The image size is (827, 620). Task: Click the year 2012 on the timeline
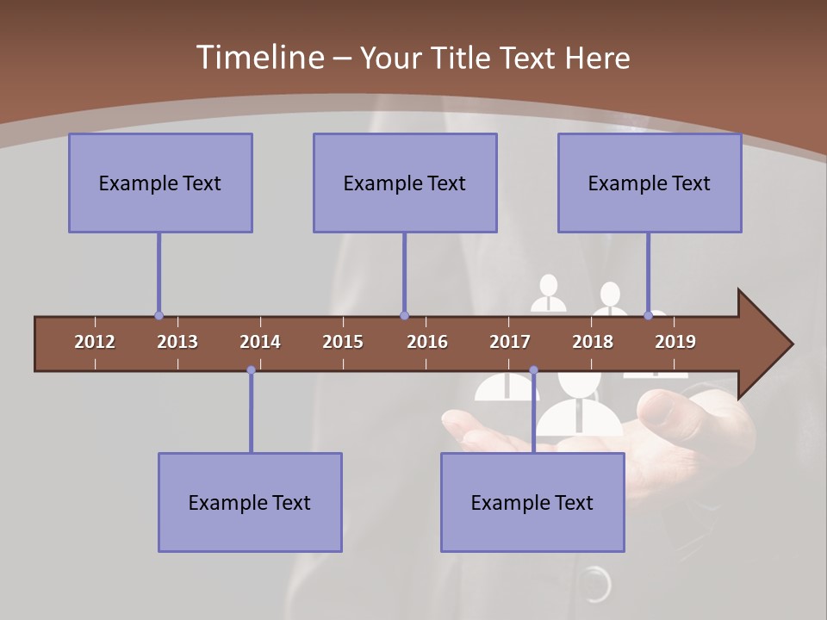[x=95, y=342]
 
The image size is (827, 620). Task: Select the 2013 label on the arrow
[x=177, y=342]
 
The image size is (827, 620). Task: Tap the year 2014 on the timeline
[x=260, y=342]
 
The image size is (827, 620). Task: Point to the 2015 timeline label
[x=343, y=342]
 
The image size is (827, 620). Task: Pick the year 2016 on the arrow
[x=427, y=342]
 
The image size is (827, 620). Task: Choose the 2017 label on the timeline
[x=510, y=342]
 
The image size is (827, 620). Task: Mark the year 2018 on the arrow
[x=593, y=342]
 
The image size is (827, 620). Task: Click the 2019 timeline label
[x=675, y=342]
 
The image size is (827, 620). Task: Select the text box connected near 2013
[x=160, y=183]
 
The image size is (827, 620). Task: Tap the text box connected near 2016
[x=405, y=183]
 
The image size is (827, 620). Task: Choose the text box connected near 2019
[x=650, y=183]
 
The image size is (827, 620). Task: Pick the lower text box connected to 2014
[x=250, y=502]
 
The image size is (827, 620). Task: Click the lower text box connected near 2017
[x=532, y=502]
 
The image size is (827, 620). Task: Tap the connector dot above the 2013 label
[x=159, y=316]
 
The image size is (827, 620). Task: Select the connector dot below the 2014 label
[x=251, y=370]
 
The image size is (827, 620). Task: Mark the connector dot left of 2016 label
[x=404, y=316]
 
